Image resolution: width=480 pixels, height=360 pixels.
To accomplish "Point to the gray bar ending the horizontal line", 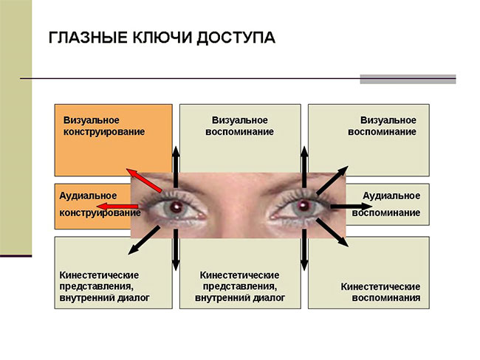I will (407, 78).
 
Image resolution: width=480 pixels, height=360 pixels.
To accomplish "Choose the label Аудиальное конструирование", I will (100, 204).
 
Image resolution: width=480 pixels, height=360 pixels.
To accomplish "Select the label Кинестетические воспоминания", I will (380, 292).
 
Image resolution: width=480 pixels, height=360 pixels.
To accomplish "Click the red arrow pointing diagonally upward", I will (145, 179).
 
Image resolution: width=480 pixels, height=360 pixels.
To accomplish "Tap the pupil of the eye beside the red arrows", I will (176, 207).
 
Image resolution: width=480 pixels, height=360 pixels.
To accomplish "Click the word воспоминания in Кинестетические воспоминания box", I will (386, 298).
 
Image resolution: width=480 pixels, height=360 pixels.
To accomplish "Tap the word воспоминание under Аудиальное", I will (386, 213).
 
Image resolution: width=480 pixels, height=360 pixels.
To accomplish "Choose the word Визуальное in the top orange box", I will (92, 120).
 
